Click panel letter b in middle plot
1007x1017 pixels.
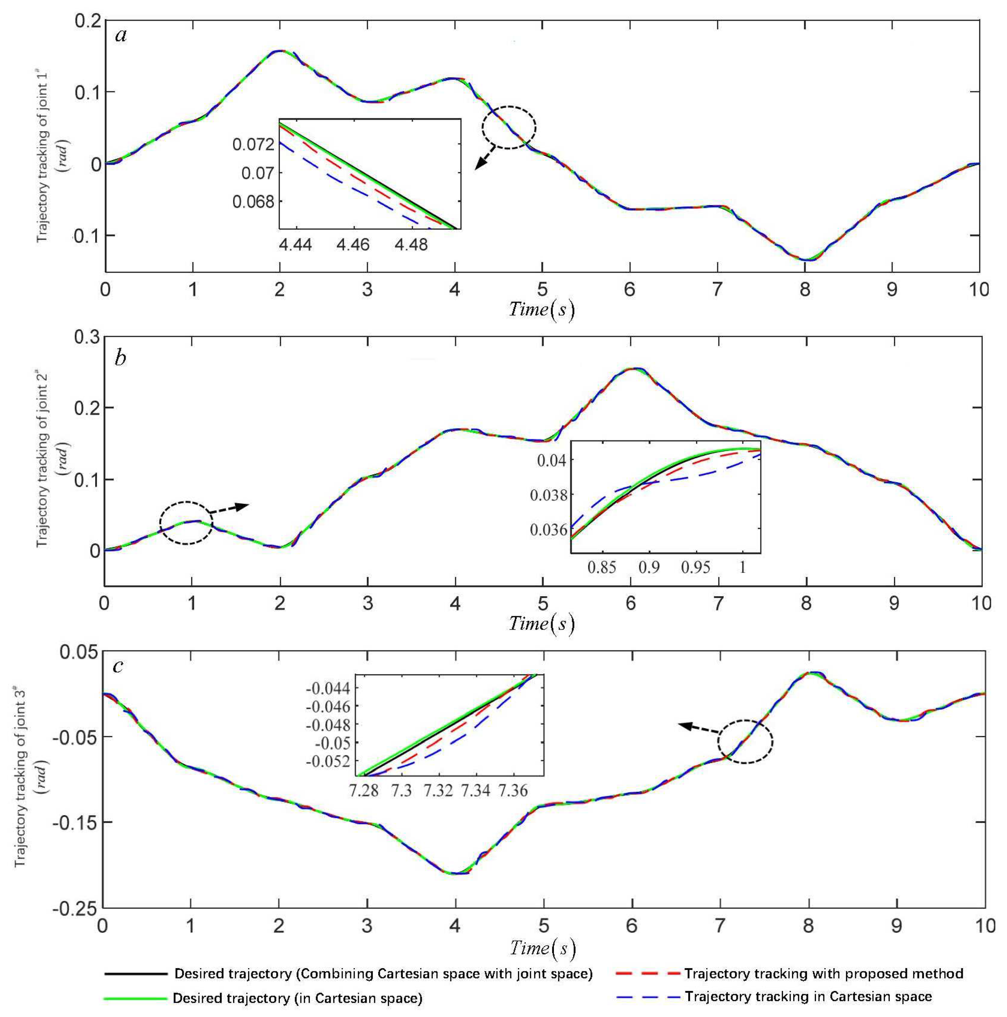click(120, 358)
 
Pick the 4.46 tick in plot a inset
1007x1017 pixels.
click(354, 245)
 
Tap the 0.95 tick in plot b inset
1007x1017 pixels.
click(695, 567)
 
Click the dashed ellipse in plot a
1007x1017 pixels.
click(509, 127)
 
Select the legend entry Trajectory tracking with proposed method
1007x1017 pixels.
click(823, 974)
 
